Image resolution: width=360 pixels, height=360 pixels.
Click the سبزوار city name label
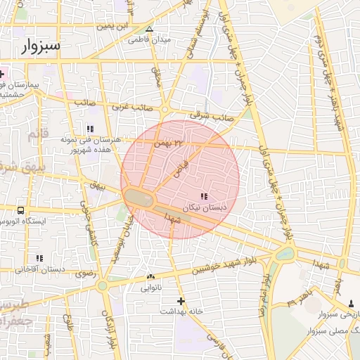point(37,46)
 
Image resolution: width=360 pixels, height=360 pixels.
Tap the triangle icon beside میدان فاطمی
point(149,30)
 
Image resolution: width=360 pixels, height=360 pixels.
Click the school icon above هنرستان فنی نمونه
point(90,129)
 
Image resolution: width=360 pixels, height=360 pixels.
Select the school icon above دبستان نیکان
point(204,196)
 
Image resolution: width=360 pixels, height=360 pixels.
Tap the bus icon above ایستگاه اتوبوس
point(20,210)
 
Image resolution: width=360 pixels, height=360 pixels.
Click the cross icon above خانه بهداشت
point(181,300)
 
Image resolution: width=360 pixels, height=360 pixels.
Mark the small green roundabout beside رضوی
point(103,285)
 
